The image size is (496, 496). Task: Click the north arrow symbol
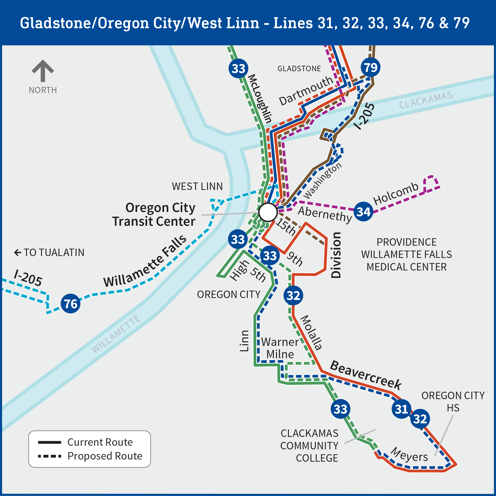[43, 71]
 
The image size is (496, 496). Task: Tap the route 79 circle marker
[371, 68]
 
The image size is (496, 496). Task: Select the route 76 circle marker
[71, 304]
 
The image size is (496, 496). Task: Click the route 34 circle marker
[363, 212]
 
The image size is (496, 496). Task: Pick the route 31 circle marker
[401, 409]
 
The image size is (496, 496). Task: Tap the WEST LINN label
[197, 186]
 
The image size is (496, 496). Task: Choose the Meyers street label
[409, 455]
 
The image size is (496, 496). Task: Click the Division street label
[336, 255]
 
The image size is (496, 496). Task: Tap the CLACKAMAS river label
[426, 100]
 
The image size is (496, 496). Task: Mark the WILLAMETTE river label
[116, 334]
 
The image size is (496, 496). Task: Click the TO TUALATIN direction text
[49, 253]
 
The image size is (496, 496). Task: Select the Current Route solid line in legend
[50, 442]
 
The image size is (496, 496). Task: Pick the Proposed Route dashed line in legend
[50, 456]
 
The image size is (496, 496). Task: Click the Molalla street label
[311, 333]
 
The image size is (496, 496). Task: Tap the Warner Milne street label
[280, 348]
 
